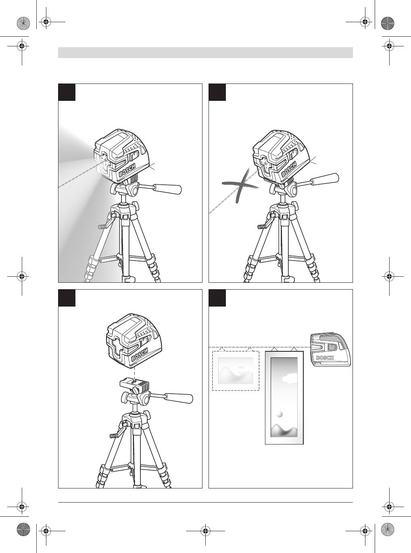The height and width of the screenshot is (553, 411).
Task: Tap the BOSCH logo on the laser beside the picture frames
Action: click(x=325, y=358)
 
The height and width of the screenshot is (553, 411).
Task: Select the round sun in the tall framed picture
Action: click(x=280, y=414)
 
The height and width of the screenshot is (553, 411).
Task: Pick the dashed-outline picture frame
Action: click(x=236, y=371)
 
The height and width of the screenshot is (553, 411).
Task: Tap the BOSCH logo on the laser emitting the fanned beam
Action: click(x=127, y=170)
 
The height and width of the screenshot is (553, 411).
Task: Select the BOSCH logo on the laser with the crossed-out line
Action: click(x=289, y=169)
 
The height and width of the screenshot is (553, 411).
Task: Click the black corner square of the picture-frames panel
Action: click(x=217, y=298)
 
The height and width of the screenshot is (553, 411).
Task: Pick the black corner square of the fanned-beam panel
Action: click(x=67, y=92)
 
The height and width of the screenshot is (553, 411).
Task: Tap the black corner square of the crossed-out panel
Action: click(x=217, y=92)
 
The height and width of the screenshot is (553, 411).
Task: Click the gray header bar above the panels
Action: click(x=206, y=52)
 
